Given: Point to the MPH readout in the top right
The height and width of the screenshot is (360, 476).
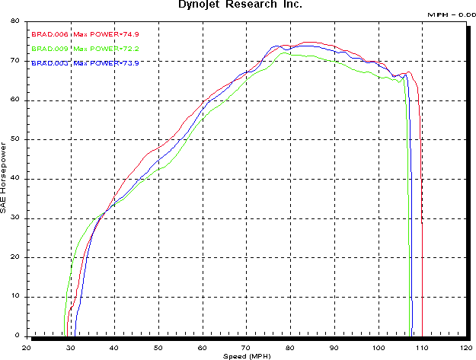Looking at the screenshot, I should (452, 14).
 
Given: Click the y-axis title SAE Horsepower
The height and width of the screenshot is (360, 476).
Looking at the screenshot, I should (5, 175).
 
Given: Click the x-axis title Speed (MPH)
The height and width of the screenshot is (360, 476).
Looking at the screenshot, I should (247, 355).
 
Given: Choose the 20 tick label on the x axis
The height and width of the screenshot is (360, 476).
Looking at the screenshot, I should (27, 346).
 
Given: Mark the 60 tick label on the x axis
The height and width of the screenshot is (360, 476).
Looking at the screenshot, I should (203, 346).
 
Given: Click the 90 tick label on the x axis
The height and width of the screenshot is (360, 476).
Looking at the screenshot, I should (334, 346).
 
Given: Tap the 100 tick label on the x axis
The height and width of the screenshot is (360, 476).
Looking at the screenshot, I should (378, 346).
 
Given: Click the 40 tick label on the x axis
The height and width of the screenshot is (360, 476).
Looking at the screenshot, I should (114, 346).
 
